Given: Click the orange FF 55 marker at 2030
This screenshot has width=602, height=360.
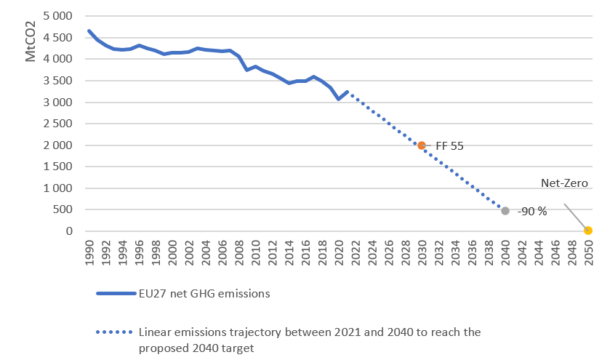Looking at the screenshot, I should tap(422, 145).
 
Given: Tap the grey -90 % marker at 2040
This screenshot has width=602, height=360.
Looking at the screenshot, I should tap(505, 211).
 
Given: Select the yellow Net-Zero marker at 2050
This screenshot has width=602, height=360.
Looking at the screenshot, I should tap(588, 231).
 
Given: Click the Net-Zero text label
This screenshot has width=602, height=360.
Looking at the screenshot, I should tap(563, 183).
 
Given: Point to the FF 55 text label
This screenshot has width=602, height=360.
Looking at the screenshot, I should tap(449, 146).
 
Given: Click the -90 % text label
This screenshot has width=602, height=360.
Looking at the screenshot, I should tap(531, 212).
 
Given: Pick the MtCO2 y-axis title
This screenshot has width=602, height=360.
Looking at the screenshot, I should tap(31, 44).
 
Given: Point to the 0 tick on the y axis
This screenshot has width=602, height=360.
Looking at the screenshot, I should tap(70, 231).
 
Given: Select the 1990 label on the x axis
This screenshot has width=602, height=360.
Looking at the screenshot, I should tap(89, 252).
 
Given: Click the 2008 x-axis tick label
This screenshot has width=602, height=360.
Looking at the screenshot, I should tap(239, 252).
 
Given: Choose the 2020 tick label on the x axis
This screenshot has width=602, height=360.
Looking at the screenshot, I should tap(339, 252).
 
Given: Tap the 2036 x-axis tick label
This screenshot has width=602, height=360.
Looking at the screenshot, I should tap(472, 252).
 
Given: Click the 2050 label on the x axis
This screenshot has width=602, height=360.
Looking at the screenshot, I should tap(588, 252).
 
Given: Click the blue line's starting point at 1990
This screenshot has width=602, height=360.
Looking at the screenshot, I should tap(89, 31).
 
